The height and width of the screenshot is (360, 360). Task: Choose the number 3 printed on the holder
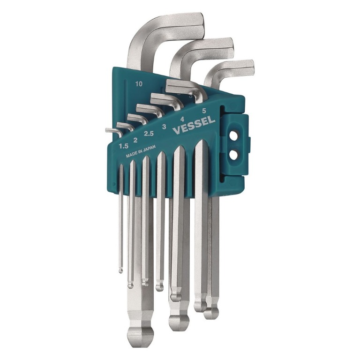[164, 127]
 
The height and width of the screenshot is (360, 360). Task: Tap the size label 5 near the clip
[203, 111]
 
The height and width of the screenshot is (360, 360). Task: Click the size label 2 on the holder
[135, 140]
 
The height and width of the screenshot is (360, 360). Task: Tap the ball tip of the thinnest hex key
[120, 270]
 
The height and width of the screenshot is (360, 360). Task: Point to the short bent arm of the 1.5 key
[111, 131]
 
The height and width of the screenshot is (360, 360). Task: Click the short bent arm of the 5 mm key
[183, 87]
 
